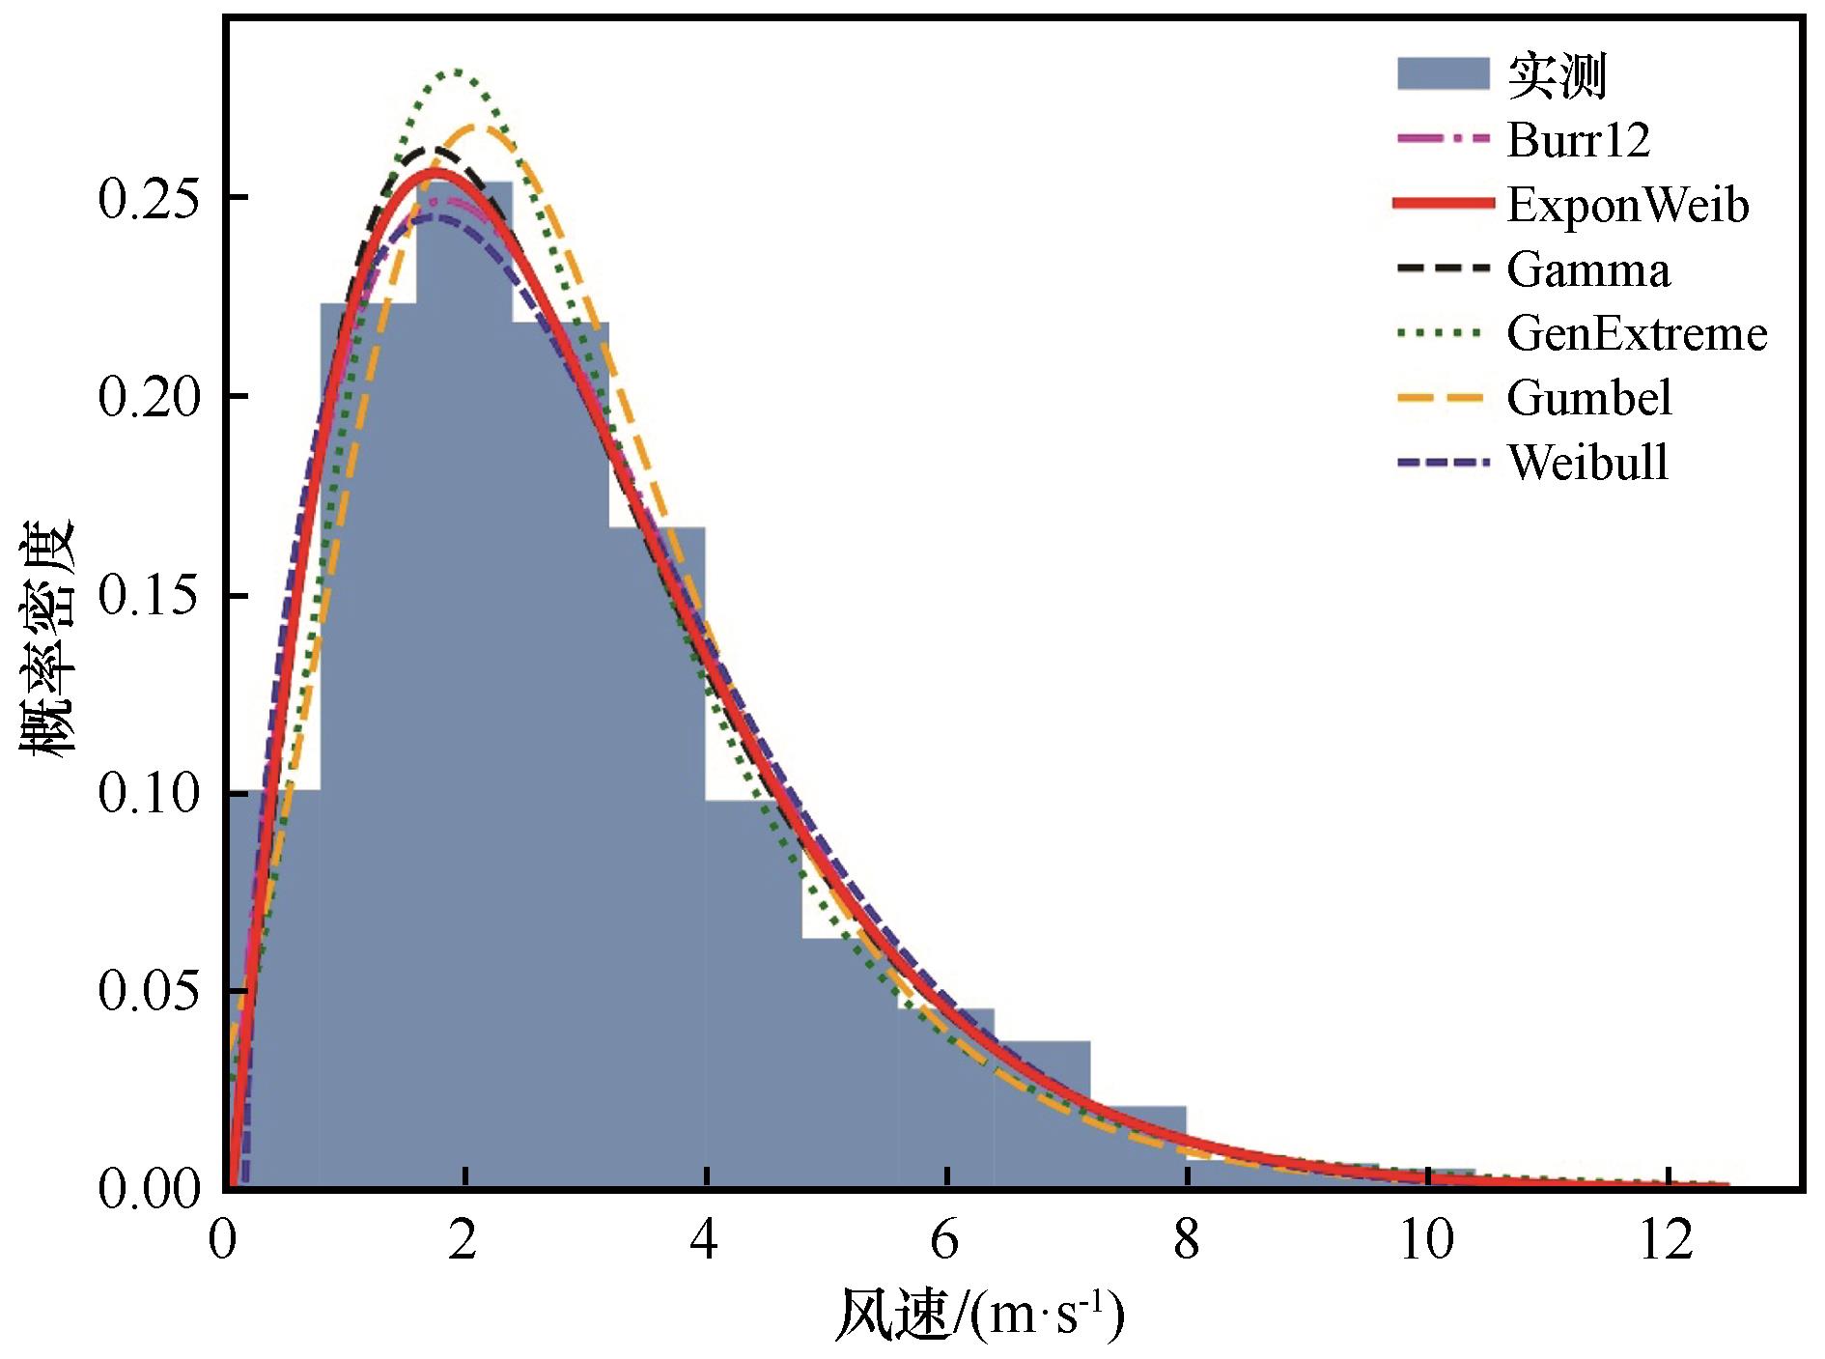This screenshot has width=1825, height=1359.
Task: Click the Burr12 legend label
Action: click(x=1578, y=140)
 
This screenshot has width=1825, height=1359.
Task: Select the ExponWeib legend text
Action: click(x=1627, y=205)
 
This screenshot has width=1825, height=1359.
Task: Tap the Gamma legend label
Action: click(x=1587, y=269)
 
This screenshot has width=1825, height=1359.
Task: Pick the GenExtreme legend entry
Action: click(x=1636, y=334)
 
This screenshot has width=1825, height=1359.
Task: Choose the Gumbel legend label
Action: click(x=1588, y=398)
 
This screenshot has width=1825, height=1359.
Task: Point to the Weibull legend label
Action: click(x=1587, y=463)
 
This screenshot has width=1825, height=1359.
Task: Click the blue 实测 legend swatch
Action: click(x=1443, y=74)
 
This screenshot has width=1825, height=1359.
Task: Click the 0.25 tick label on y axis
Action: click(x=149, y=198)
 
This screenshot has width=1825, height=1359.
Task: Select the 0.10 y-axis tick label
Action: click(x=149, y=794)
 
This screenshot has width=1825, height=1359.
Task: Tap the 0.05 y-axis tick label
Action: click(x=149, y=992)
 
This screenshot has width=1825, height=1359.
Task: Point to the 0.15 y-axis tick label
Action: click(x=149, y=595)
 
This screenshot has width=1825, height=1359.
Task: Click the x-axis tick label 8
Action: click(x=1186, y=1239)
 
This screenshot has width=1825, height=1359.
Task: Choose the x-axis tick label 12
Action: click(x=1667, y=1239)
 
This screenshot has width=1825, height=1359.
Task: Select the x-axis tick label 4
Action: click(x=705, y=1239)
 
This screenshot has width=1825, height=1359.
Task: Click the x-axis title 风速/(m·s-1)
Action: click(x=979, y=1315)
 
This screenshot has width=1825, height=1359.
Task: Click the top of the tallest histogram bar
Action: click(x=464, y=183)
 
